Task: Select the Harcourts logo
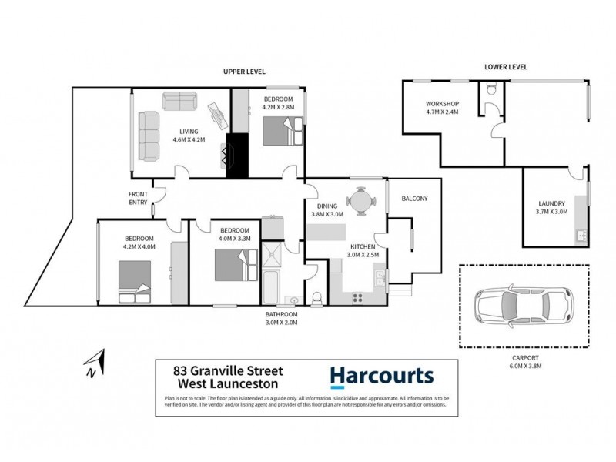[x=382, y=376]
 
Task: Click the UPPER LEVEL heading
[x=244, y=71]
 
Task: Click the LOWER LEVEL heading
[x=506, y=67]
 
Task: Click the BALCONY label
[x=414, y=199]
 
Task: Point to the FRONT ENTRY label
[x=139, y=196]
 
